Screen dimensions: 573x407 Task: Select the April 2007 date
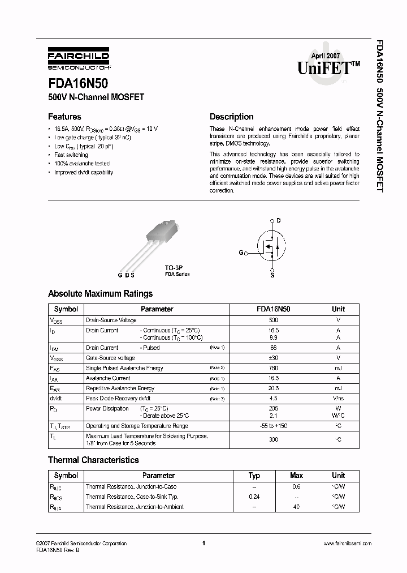326,55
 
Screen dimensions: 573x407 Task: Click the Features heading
64,117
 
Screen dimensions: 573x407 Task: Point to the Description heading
231,117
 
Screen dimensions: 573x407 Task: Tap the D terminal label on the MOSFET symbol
278,220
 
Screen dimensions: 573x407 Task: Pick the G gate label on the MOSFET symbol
241,252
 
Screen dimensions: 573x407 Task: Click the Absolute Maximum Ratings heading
100,294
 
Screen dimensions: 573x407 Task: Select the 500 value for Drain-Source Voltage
274,320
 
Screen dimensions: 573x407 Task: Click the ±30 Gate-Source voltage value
274,358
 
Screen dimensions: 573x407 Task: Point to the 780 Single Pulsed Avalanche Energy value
274,368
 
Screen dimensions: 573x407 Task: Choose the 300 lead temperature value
274,439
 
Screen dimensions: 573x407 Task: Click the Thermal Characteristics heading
93,460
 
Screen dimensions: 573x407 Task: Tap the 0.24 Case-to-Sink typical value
254,497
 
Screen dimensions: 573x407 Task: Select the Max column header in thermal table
296,476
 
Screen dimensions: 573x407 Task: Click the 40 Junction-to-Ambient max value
296,507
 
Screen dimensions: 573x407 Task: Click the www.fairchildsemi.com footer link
347,544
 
